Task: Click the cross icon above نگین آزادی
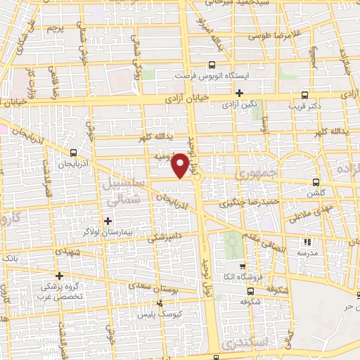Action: coord(240,92)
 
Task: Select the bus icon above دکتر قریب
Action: coord(304,95)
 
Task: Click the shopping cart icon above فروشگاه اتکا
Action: coord(243,266)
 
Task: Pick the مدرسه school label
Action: coord(304,252)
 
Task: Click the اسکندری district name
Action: coord(240,344)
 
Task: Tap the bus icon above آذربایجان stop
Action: coord(74,152)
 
